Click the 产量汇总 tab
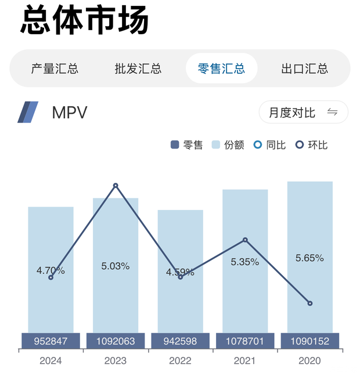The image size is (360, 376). tap(55, 68)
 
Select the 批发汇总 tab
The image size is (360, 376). tap(138, 68)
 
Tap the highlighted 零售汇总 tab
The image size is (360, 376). tap(221, 68)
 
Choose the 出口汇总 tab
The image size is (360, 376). tap(304, 68)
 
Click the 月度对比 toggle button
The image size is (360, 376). tap(303, 113)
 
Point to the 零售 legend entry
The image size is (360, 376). tap(187, 145)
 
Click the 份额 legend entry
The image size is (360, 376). tap(228, 145)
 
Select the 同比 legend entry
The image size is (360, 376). tap(270, 145)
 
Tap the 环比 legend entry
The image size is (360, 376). tap(312, 145)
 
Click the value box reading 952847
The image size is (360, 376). tap(51, 341)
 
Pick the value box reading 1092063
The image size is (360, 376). tap(116, 341)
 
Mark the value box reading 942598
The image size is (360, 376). tap(180, 341)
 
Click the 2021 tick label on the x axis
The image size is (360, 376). tap(244, 361)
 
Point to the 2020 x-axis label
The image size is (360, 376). tap(309, 361)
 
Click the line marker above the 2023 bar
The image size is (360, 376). tap(116, 186)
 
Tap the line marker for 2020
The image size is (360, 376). tap(309, 303)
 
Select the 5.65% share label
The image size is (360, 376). tap(309, 258)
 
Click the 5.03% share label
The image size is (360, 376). tap(116, 266)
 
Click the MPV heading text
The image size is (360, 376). tap(70, 113)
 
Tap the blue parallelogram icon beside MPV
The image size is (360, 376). tap(28, 112)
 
